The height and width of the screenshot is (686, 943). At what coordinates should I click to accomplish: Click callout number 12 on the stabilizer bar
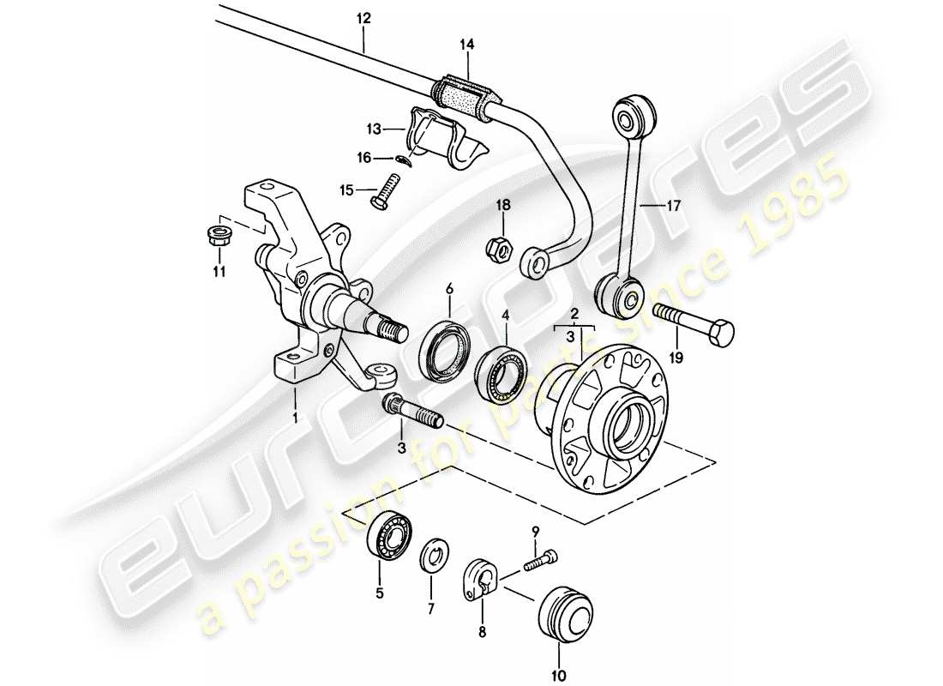click(x=363, y=17)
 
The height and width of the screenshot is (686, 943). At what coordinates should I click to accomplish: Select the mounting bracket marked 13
click(x=446, y=141)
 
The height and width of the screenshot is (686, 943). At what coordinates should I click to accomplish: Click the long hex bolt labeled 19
click(x=694, y=328)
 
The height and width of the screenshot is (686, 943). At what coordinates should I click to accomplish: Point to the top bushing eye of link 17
click(x=634, y=112)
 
